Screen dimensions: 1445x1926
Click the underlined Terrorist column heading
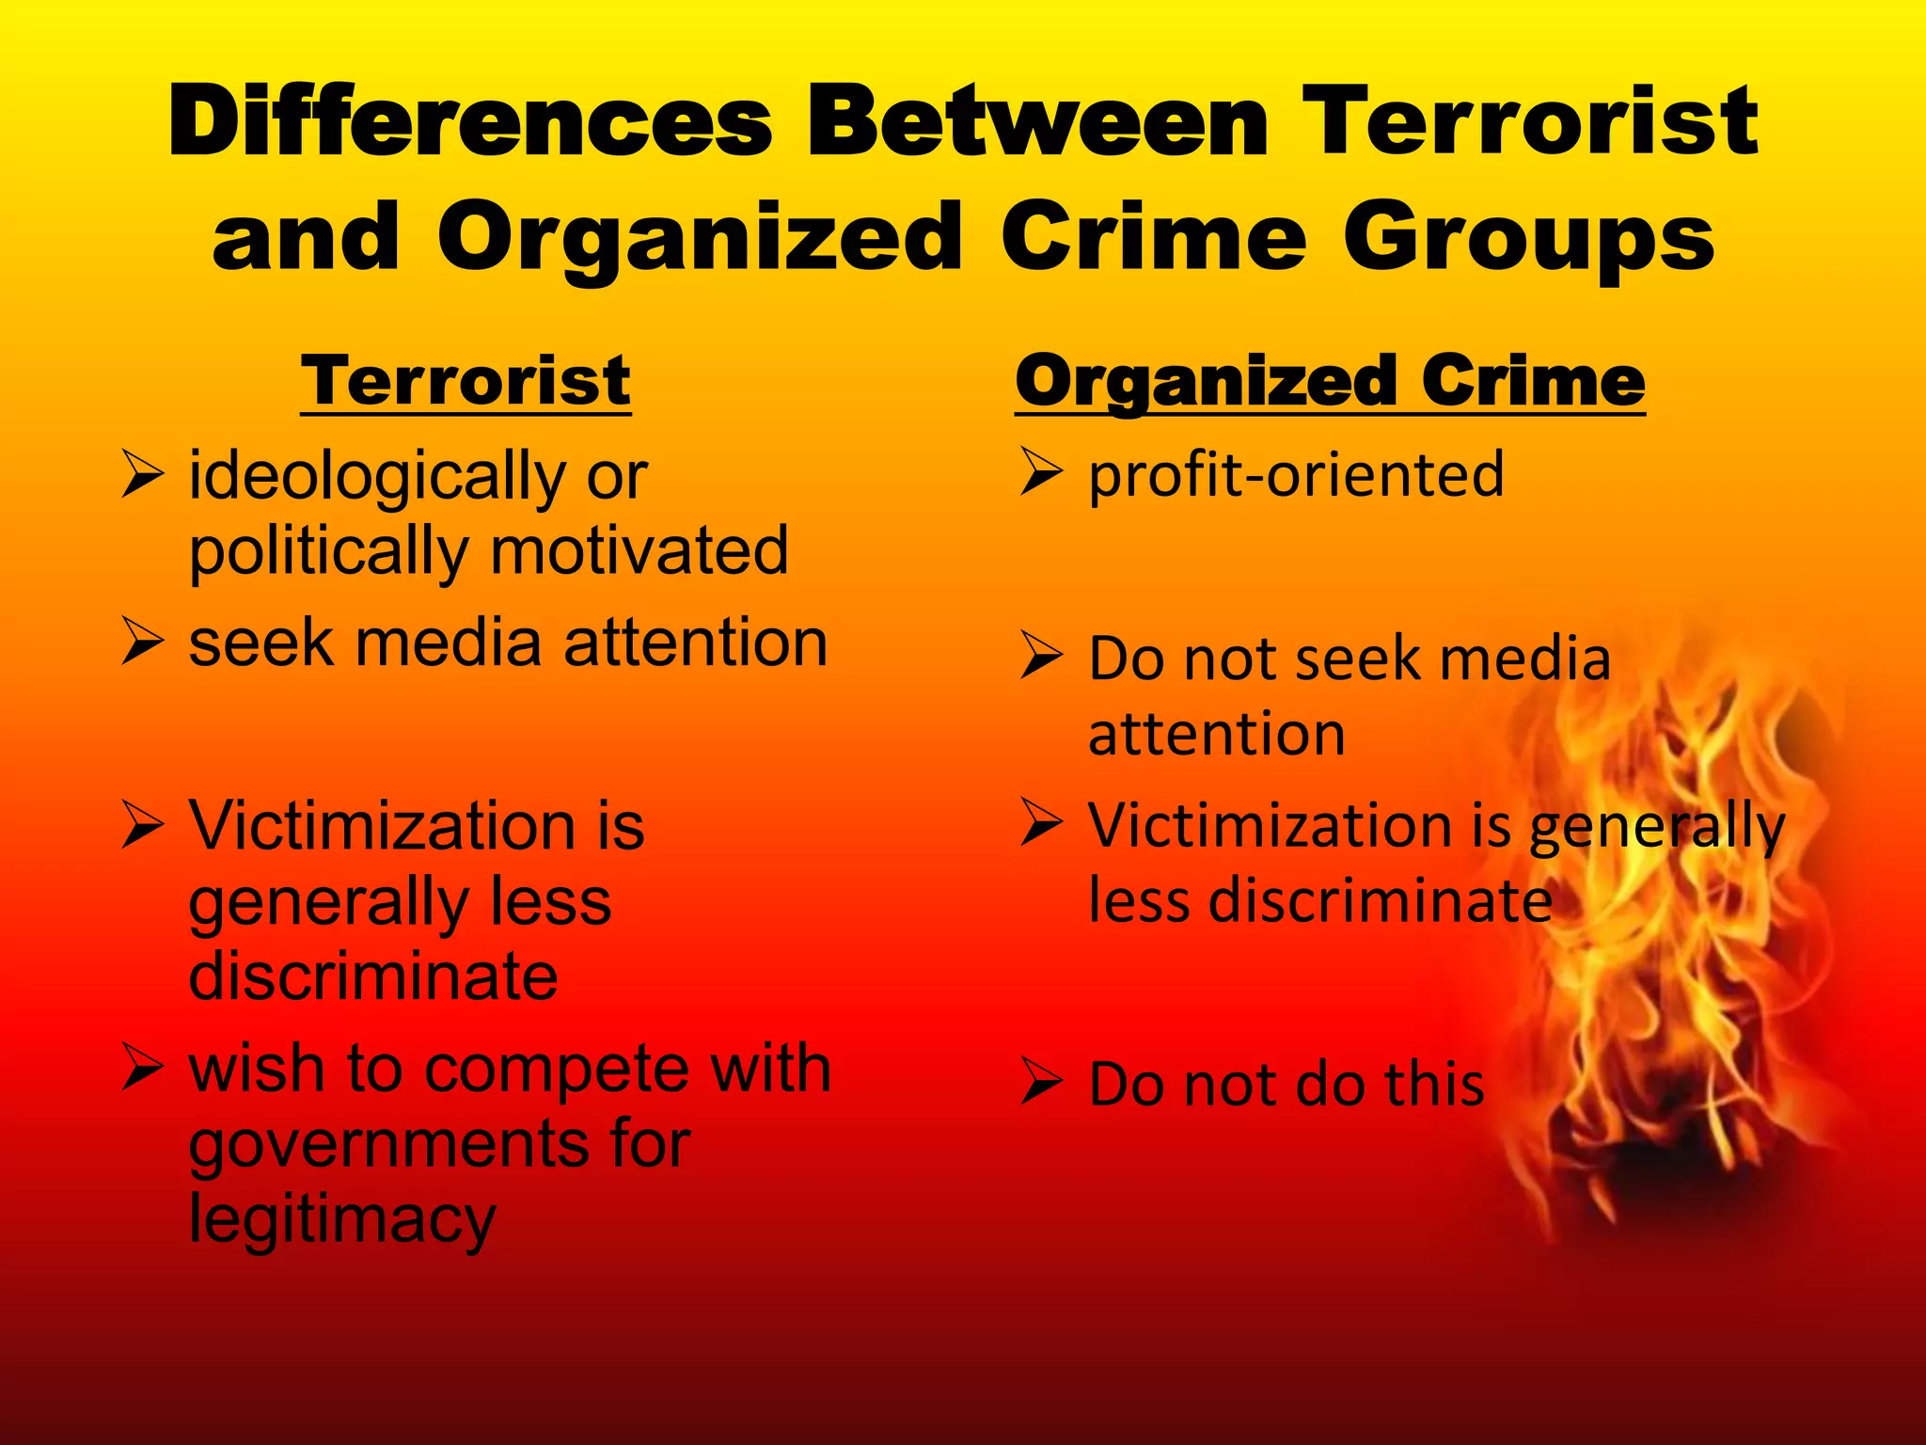coord(466,380)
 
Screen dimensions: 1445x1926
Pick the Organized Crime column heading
coord(1330,380)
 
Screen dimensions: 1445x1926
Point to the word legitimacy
coord(342,1219)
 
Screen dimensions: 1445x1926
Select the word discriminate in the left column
coord(373,976)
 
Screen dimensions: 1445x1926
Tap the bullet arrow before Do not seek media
coord(1041,656)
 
